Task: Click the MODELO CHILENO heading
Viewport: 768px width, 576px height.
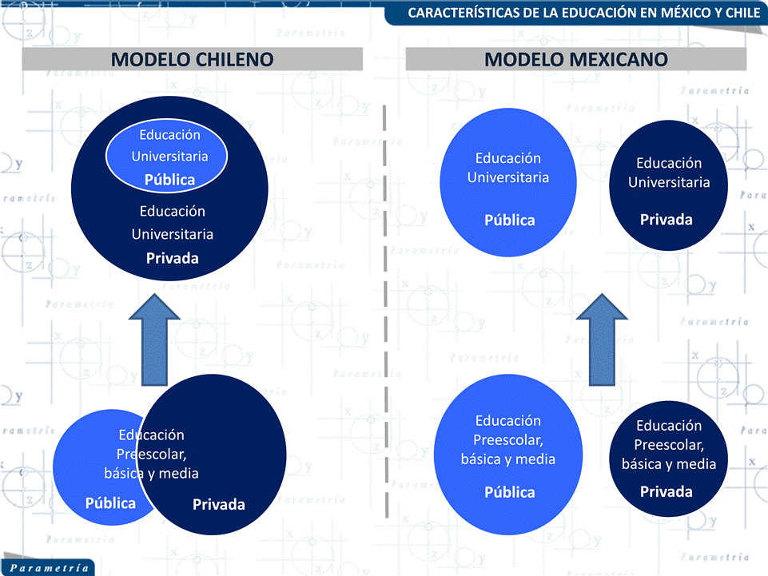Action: [x=192, y=59]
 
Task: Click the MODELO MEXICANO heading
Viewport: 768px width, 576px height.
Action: [x=576, y=59]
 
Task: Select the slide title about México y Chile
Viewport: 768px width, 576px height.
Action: [x=583, y=13]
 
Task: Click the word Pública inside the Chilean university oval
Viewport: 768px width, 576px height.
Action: [x=169, y=180]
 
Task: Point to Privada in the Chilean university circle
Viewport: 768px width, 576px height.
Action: [x=173, y=258]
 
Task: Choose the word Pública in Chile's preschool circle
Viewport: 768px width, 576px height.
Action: [x=110, y=503]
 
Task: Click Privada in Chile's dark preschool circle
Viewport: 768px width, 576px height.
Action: [x=218, y=504]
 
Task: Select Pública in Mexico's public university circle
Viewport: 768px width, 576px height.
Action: [x=509, y=220]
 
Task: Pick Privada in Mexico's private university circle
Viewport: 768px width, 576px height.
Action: [x=666, y=219]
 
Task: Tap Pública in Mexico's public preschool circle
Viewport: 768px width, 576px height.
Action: [x=509, y=492]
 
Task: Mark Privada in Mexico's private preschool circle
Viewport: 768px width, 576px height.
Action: [x=666, y=491]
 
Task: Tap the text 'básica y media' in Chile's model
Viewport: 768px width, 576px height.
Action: [x=151, y=473]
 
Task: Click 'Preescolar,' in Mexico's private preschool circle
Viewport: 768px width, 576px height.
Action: [x=669, y=444]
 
